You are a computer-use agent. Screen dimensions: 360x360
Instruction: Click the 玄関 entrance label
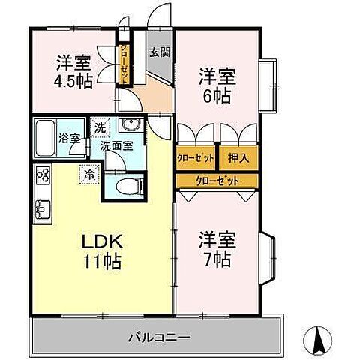point(157,52)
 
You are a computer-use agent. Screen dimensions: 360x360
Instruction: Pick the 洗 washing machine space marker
point(100,127)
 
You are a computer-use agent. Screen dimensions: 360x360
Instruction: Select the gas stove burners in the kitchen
point(42,178)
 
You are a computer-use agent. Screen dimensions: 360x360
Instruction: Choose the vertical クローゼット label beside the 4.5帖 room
point(125,58)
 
